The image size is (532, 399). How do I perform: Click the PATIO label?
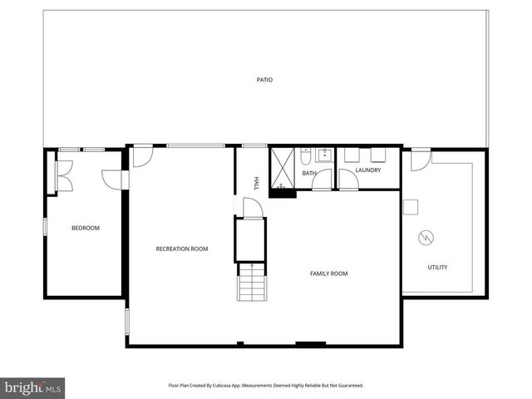(264, 80)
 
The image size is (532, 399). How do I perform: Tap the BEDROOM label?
(85, 228)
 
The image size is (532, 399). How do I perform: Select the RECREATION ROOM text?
(182, 249)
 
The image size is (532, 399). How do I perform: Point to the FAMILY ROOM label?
(328, 273)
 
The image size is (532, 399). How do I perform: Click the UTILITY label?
(437, 267)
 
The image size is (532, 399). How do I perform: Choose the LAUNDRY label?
(367, 170)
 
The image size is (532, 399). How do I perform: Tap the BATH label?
(309, 173)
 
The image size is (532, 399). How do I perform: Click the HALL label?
(257, 183)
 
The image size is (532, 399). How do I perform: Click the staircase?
(251, 282)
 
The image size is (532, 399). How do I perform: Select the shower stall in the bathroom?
(283, 166)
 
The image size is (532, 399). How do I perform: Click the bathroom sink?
(325, 155)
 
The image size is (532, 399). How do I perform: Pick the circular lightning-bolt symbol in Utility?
(426, 238)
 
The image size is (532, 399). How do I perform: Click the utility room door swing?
(421, 158)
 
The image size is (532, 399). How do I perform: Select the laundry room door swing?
(348, 180)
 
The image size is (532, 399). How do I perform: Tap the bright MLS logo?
(32, 387)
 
